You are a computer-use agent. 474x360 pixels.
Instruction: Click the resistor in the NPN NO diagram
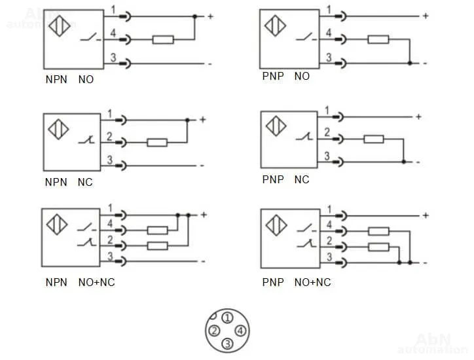pos(163,40)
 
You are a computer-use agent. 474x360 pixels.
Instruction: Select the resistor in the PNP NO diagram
pos(378,39)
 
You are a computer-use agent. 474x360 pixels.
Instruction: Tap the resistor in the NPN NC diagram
pos(158,142)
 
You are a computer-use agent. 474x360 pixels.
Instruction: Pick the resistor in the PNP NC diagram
pos(374,139)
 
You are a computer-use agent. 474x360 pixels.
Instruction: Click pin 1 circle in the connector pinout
pos(227,318)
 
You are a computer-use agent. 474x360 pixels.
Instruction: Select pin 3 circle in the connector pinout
pos(227,343)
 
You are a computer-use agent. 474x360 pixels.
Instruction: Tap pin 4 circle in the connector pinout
pos(240,331)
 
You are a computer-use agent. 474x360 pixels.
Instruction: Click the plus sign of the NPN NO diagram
pos(211,16)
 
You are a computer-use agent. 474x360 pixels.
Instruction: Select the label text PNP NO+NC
pos(297,283)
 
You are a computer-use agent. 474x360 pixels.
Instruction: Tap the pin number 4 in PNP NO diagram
pos(329,33)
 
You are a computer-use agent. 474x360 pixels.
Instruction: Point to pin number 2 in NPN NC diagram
pos(110,135)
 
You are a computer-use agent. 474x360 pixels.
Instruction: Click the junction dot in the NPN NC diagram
pos(187,120)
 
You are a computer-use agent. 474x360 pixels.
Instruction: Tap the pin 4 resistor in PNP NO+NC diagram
pos(379,230)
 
